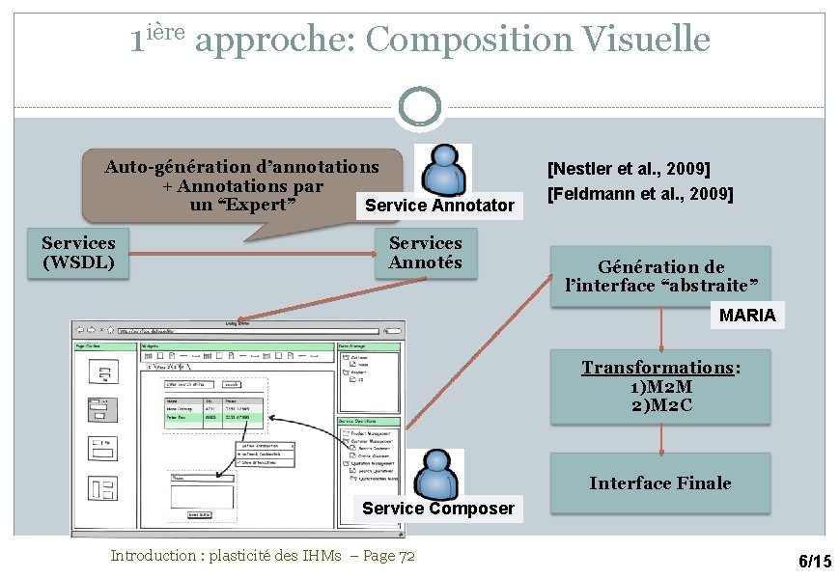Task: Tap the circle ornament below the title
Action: [419, 108]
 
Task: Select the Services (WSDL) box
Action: [78, 253]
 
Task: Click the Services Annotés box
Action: [425, 253]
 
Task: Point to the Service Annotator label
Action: [439, 206]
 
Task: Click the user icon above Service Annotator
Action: [443, 170]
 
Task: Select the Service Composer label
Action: [438, 509]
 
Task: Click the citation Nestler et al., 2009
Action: [629, 170]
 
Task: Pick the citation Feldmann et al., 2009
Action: [640, 194]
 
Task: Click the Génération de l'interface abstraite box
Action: [660, 276]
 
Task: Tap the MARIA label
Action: [746, 316]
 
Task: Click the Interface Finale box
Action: [660, 482]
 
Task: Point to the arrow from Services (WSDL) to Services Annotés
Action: [251, 252]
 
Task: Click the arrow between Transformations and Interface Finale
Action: [661, 438]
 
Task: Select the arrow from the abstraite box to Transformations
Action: [661, 329]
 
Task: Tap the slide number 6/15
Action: [814, 562]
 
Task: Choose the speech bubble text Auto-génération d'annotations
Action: [241, 167]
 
